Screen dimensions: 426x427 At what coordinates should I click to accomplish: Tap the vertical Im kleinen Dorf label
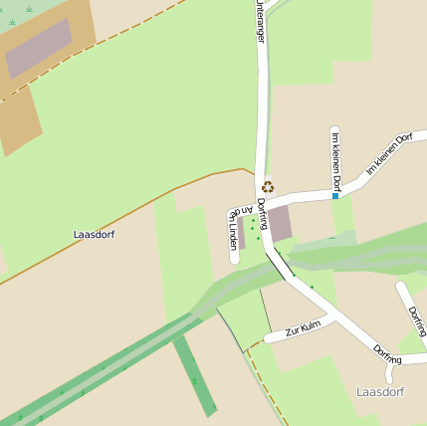tap(335, 161)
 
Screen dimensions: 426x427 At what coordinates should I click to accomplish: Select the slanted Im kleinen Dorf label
tap(389, 153)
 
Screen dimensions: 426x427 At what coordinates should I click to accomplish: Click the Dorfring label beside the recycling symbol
tap(263, 212)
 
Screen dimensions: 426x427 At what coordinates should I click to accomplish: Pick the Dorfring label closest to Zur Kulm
tap(387, 352)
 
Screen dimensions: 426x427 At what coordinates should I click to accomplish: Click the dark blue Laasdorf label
tap(94, 235)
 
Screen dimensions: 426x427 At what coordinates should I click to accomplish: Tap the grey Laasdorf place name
tap(380, 391)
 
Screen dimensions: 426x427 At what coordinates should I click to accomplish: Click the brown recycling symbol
tap(267, 186)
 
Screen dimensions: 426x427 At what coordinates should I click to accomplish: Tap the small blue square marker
tap(335, 197)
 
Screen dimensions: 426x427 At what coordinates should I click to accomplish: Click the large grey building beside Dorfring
tap(280, 223)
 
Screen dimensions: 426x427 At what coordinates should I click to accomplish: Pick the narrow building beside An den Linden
tap(241, 233)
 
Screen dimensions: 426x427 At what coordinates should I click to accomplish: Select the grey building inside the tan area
tap(39, 48)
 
